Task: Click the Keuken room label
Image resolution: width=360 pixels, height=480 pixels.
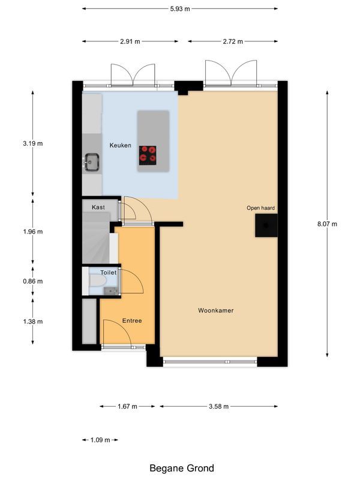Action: click(x=120, y=145)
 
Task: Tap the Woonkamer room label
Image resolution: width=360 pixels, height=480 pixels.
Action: click(x=215, y=311)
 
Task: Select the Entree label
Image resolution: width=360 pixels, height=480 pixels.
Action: click(x=132, y=320)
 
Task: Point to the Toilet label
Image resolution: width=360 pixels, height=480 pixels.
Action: click(x=108, y=272)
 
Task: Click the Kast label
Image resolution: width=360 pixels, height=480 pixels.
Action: click(x=98, y=207)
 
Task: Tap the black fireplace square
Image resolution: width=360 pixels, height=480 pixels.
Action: click(x=266, y=226)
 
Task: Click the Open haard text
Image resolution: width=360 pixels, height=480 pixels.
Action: click(x=260, y=208)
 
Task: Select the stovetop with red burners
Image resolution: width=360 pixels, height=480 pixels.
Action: click(x=148, y=155)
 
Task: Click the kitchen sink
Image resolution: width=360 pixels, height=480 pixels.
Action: click(x=92, y=161)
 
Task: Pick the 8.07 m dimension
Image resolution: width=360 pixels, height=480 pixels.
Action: click(x=327, y=224)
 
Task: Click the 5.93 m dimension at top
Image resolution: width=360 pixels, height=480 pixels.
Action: click(x=180, y=8)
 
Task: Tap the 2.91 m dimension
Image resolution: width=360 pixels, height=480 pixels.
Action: click(x=130, y=41)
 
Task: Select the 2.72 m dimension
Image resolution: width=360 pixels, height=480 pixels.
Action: click(x=233, y=41)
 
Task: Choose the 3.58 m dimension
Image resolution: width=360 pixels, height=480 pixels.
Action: click(x=219, y=406)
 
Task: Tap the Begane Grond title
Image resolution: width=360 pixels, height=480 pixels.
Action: click(x=181, y=468)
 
